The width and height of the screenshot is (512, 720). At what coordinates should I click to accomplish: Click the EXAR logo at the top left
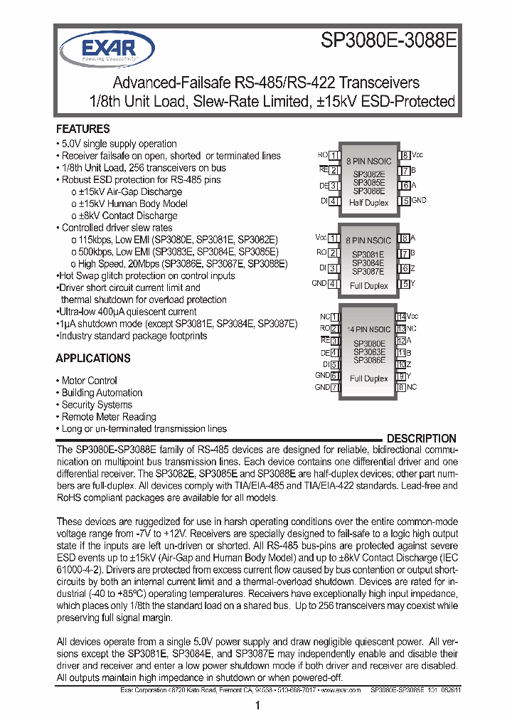click(x=97, y=48)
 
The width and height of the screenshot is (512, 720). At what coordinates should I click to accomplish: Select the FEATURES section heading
click(x=82, y=129)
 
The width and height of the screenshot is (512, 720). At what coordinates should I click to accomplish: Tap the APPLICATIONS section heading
click(x=93, y=359)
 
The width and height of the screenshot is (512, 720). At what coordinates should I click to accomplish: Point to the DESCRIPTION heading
click(x=421, y=438)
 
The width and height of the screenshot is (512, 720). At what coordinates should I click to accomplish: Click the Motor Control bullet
click(x=89, y=381)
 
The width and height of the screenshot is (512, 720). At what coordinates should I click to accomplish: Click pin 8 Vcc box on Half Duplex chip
click(x=405, y=156)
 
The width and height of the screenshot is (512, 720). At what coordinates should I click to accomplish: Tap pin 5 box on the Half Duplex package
click(x=405, y=201)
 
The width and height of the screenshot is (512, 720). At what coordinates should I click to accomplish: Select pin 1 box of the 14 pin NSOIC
click(x=334, y=316)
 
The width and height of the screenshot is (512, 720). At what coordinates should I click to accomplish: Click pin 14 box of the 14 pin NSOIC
click(x=401, y=316)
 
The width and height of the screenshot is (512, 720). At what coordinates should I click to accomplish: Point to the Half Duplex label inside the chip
click(x=369, y=203)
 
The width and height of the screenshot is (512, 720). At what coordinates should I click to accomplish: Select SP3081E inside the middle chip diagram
click(x=368, y=254)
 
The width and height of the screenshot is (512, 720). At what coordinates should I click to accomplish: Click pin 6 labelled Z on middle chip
click(x=405, y=269)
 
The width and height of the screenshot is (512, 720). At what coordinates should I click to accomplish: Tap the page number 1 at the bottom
click(x=256, y=706)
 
